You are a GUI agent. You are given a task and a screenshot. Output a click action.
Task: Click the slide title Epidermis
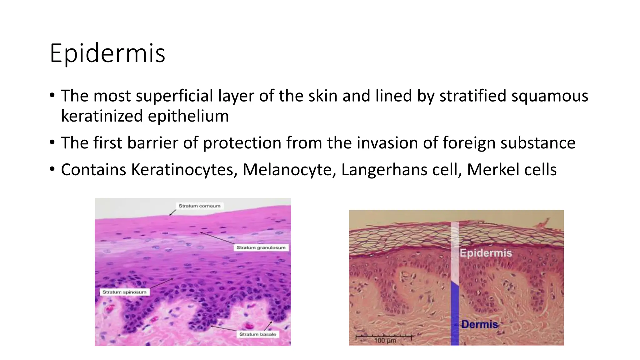click(107, 53)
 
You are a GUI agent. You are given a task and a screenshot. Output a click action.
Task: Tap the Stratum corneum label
click(199, 206)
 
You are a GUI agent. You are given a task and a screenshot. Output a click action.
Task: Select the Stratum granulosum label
click(261, 247)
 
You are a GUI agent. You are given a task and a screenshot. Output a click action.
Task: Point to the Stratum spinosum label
click(124, 292)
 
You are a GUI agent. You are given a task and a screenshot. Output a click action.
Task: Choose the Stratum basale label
click(258, 334)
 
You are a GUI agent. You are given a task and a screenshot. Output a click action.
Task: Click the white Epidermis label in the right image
click(486, 253)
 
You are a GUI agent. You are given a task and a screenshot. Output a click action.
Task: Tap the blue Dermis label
click(480, 324)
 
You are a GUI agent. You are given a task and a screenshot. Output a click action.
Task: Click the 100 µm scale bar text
click(385, 340)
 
